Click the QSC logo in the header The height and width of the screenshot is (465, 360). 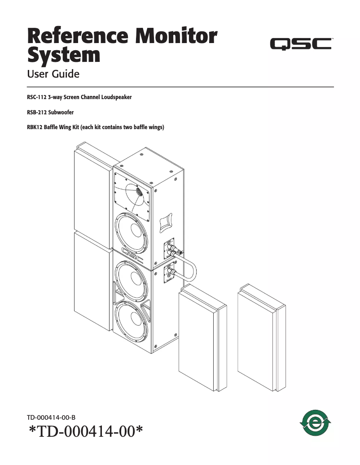(300, 43)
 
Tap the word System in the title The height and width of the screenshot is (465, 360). (64, 55)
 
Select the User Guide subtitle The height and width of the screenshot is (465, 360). (53, 74)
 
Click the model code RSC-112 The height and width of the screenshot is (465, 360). (37, 97)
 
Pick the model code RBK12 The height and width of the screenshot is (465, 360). (35, 127)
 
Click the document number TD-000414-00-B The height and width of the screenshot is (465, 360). (54, 417)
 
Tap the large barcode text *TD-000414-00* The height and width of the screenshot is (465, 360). (86, 433)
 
